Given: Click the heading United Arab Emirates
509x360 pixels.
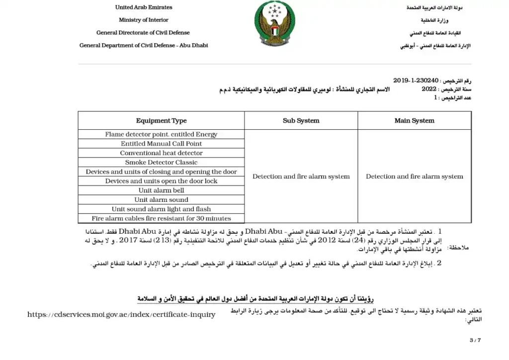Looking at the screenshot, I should (x=144, y=7).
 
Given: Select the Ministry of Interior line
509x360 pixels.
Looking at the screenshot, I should (x=144, y=20).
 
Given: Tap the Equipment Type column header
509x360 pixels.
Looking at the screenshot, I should (x=161, y=121).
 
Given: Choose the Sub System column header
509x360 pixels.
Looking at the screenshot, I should (x=301, y=121).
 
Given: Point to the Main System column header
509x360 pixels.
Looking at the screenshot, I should (x=414, y=121).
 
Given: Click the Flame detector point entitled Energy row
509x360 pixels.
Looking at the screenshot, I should (x=161, y=134).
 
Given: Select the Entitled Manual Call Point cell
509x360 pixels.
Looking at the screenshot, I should (x=161, y=144).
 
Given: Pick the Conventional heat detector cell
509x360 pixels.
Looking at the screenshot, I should (x=161, y=153).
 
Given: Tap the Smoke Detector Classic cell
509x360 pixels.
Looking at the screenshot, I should (x=161, y=163).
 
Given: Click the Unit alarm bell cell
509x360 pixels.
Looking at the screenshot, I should (x=161, y=190).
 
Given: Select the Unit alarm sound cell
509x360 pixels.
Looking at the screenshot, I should (x=161, y=200).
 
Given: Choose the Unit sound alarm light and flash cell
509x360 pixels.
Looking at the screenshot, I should (x=161, y=209).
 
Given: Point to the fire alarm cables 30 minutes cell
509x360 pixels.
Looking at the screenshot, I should (x=161, y=218).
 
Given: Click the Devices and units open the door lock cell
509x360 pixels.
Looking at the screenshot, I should (x=161, y=181).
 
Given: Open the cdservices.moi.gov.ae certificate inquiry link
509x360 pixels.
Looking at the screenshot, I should (x=122, y=314).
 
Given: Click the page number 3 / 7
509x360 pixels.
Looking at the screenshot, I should (x=475, y=340).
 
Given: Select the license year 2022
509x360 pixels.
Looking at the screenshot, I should (x=428, y=89).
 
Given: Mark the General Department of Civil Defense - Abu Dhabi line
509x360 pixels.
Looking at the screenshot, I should (x=144, y=45).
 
